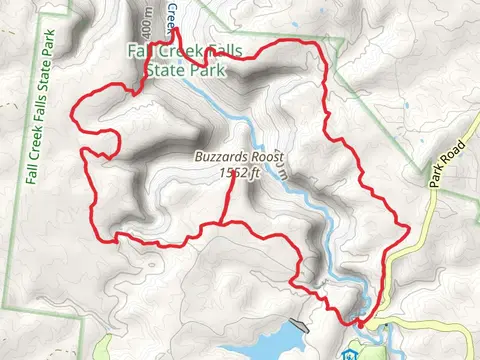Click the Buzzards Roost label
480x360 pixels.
click(241, 158)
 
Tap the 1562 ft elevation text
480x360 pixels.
click(239, 172)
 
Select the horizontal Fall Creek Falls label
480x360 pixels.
click(191, 52)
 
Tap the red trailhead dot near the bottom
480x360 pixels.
click(358, 322)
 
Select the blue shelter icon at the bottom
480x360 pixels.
click(349, 353)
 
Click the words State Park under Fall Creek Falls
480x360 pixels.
click(179, 70)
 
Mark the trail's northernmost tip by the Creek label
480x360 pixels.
click(178, 30)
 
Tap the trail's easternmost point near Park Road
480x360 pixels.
click(410, 232)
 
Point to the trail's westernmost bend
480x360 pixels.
click(69, 118)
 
